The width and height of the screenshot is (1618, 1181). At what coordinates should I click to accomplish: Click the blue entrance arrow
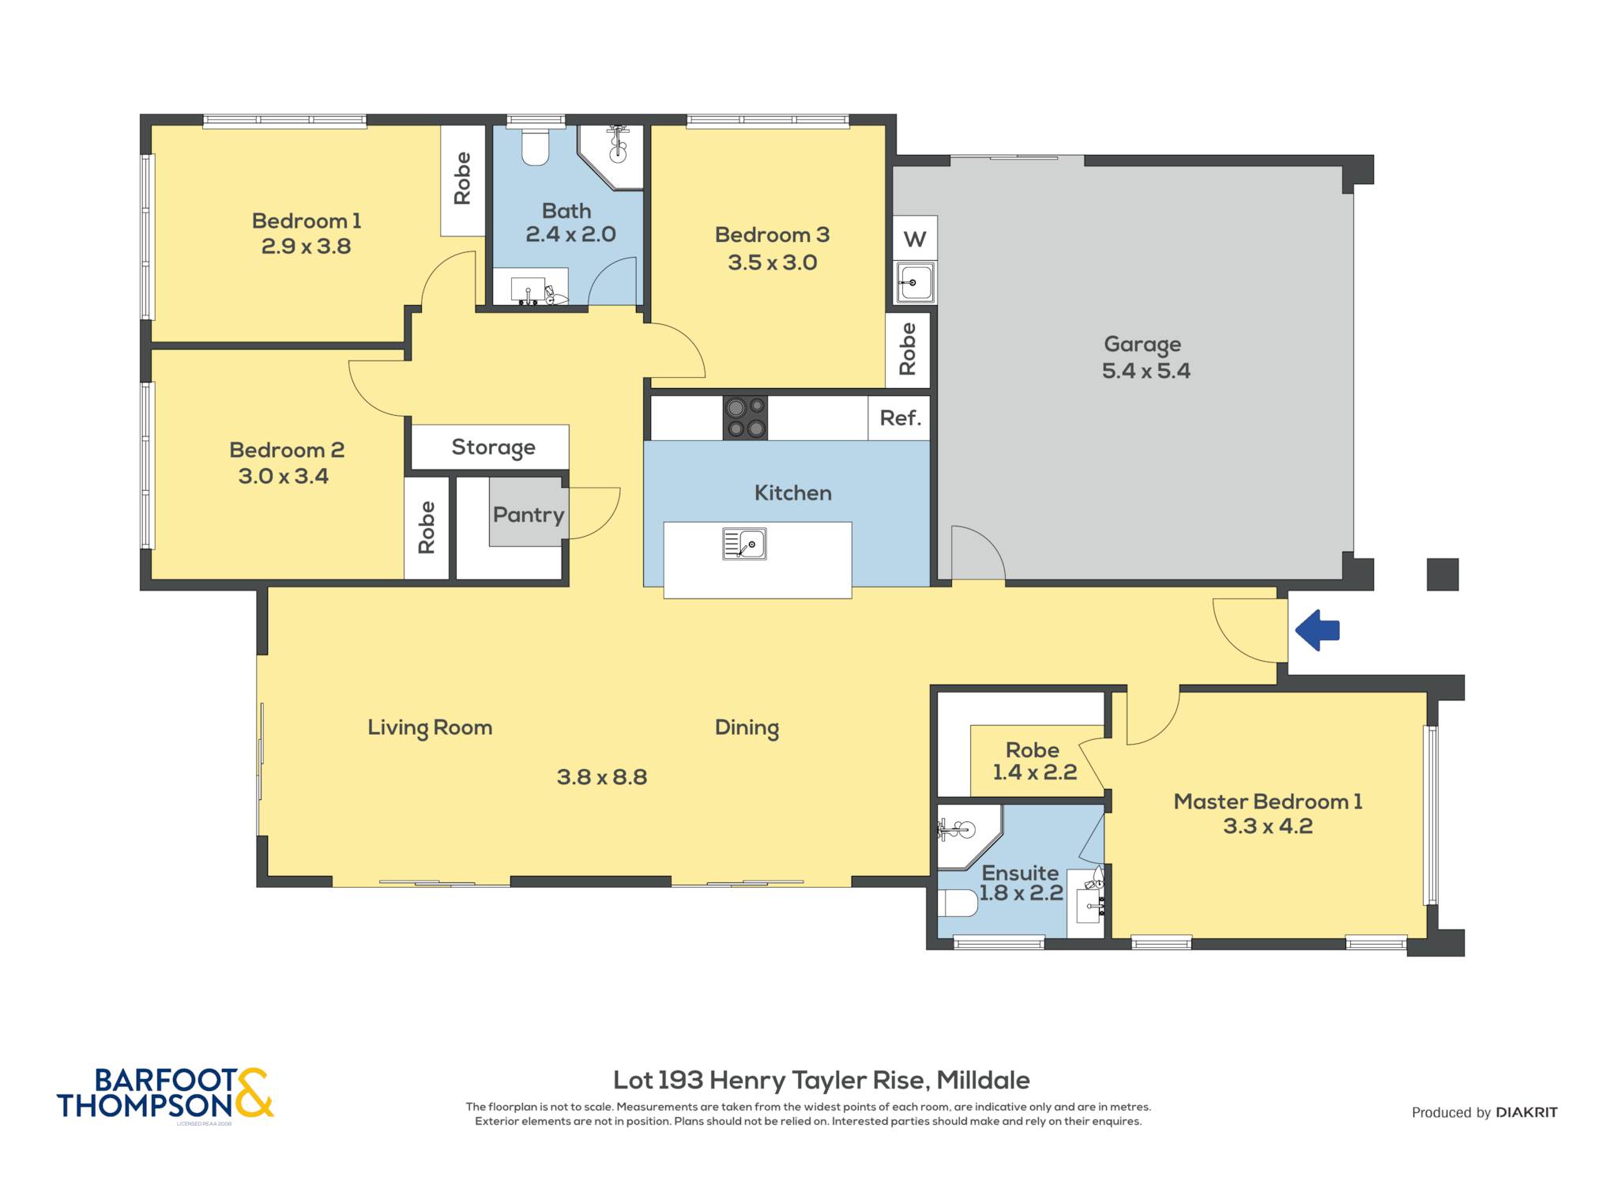coord(1317,630)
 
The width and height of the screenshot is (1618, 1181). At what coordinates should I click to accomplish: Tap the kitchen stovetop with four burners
coord(745,417)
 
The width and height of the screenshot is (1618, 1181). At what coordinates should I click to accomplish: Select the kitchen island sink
coord(744,544)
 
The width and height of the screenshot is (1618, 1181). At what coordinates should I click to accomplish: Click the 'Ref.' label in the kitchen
coord(901,417)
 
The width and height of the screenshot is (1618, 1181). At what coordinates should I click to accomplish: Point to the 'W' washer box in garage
coord(915,238)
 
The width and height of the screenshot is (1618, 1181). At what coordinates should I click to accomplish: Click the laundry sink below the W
coord(916,282)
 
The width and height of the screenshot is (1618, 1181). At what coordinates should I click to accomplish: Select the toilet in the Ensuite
coord(958,903)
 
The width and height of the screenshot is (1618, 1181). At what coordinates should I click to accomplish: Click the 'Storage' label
coord(493,447)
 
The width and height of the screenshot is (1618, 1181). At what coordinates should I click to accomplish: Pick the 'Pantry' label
coord(529,515)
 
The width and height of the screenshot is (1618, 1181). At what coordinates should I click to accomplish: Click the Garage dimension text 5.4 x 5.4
coord(1146,371)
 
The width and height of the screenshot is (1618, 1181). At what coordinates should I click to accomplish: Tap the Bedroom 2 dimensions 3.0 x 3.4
coord(283,476)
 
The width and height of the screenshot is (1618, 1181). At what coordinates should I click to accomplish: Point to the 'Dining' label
coord(747,728)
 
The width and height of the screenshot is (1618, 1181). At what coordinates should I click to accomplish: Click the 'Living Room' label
coord(430,728)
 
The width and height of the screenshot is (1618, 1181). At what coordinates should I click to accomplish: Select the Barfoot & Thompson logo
coord(165,1094)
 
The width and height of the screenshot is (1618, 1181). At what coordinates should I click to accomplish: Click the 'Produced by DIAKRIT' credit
coord(1484,1112)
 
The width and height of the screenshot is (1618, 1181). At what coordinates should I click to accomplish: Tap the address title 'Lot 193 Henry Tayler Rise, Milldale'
coord(822,1080)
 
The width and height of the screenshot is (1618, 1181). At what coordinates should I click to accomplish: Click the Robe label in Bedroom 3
coord(908,349)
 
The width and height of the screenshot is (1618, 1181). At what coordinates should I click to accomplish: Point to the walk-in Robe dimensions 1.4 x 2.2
coord(1034,772)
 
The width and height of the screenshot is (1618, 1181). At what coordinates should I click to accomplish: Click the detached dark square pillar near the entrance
coord(1442,575)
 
